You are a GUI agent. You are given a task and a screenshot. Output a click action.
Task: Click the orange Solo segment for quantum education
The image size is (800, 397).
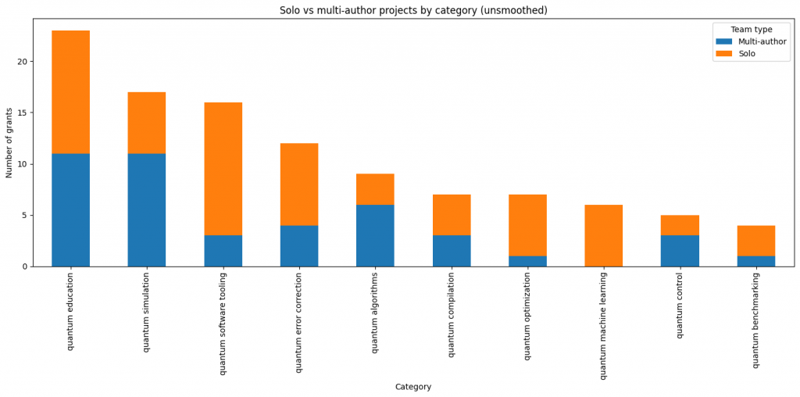[70, 92]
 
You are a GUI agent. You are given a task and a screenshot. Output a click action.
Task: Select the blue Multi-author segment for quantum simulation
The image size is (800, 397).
[147, 209]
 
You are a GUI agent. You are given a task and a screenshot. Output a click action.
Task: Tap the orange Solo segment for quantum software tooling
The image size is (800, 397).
[223, 169]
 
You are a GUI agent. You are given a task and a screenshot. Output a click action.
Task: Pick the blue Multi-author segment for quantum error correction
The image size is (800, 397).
[299, 245]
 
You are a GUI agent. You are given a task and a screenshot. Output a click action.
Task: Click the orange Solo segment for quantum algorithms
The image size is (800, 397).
[375, 189]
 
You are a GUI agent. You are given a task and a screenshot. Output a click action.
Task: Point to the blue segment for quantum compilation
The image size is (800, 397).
[452, 251]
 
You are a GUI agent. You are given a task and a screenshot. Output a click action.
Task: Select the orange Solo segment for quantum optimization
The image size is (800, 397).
[527, 225]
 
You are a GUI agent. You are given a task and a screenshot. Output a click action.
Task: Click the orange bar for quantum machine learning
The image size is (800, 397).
[604, 235]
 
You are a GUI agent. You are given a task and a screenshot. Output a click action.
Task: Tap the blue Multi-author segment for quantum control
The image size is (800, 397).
[680, 251]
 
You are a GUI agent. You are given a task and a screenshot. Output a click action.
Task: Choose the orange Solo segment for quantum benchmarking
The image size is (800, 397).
[756, 241]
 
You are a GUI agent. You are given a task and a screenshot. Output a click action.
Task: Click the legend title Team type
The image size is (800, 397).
[751, 30]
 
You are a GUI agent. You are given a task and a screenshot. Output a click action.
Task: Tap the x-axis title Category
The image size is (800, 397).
[412, 387]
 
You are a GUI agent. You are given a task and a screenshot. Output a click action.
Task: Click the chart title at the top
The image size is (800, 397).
[413, 10]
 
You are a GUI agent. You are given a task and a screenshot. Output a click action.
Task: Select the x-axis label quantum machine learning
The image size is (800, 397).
[603, 326]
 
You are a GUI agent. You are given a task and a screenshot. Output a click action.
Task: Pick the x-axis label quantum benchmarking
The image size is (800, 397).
[755, 320]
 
